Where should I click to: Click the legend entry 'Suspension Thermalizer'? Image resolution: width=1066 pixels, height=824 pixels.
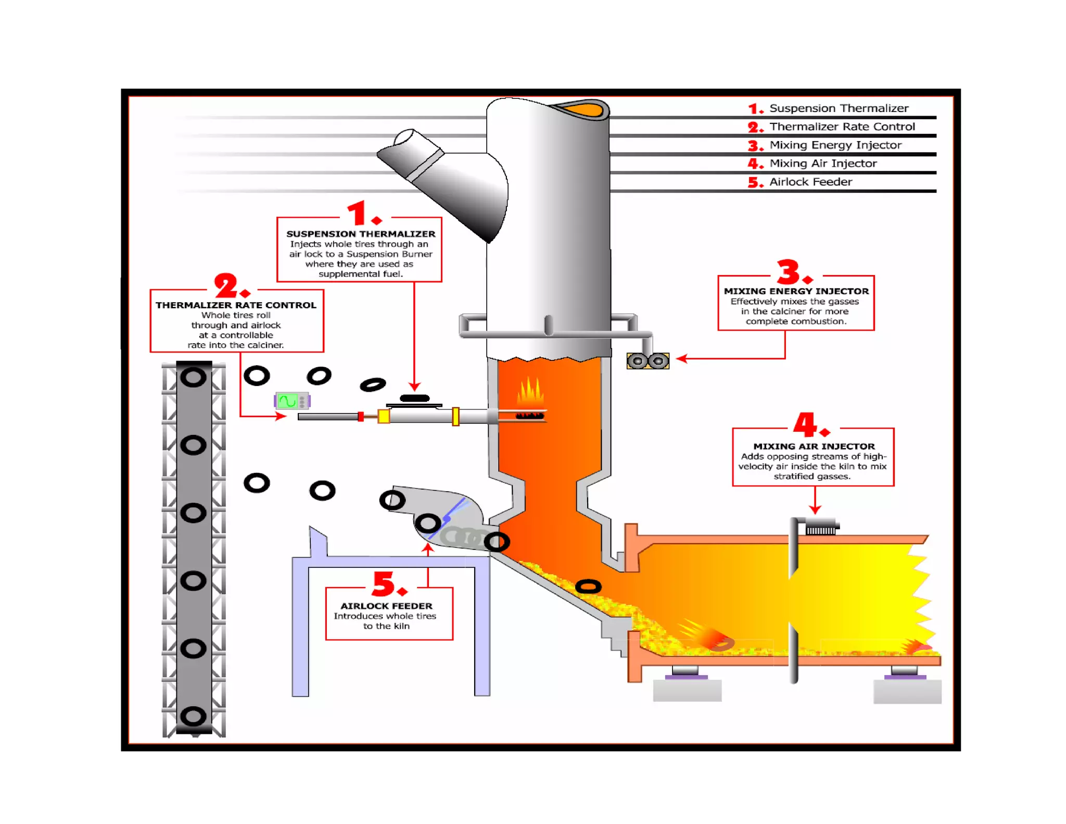[838, 108]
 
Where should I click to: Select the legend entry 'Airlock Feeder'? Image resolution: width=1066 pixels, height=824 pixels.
[810, 182]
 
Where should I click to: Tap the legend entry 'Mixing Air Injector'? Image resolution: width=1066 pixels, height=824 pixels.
[822, 164]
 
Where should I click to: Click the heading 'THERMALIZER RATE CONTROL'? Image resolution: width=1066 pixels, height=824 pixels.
[236, 305]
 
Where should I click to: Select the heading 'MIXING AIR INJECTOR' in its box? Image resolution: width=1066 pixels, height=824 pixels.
[814, 446]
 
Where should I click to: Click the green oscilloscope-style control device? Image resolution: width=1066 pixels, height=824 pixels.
[291, 401]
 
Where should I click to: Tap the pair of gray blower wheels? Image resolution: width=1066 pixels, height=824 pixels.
[648, 360]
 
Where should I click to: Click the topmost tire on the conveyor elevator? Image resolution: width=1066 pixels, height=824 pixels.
[193, 377]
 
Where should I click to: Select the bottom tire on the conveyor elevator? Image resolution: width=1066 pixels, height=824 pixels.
[193, 716]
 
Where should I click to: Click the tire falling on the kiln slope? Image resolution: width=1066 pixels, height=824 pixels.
[588, 586]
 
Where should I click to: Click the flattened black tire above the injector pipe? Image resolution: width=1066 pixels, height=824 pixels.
[414, 398]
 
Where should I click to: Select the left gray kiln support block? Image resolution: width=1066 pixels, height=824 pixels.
[687, 690]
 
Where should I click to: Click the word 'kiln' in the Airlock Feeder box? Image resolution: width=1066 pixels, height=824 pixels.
[401, 626]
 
